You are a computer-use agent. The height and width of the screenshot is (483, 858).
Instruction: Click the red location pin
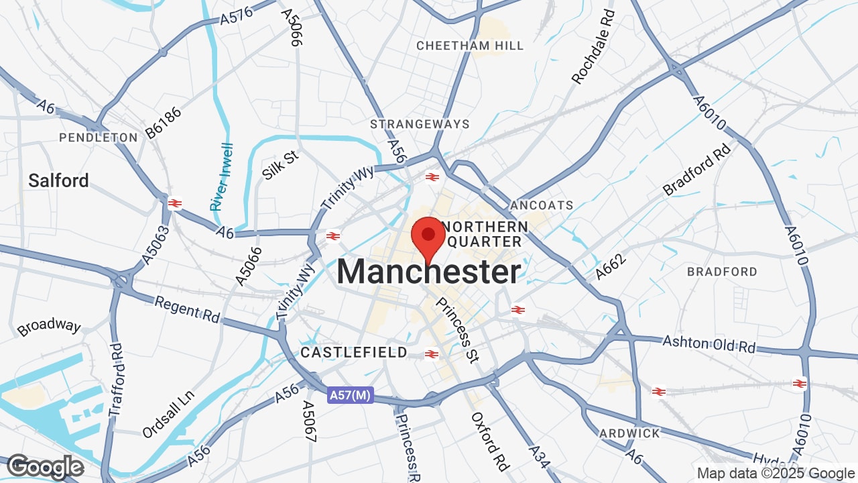(x=428, y=236)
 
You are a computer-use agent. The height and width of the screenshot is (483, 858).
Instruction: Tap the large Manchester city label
(x=428, y=272)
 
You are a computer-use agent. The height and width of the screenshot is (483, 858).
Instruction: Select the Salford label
(x=58, y=180)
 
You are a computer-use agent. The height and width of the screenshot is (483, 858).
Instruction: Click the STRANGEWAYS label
(x=420, y=124)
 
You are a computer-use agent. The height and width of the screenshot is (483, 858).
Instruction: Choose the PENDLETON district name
(x=98, y=138)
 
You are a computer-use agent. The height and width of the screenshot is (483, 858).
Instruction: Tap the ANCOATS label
(x=542, y=205)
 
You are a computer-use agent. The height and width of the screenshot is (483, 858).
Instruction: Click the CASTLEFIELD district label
(x=353, y=352)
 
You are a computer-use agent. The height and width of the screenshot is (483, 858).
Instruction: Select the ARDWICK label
(x=629, y=433)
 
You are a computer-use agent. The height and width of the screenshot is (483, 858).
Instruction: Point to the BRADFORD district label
(x=722, y=272)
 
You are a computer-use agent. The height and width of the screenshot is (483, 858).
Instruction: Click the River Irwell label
(x=221, y=177)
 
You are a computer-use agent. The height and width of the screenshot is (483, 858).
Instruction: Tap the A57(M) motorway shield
(x=350, y=396)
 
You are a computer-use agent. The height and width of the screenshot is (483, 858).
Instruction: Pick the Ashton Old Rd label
(x=709, y=344)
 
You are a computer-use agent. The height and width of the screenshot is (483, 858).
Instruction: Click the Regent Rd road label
(x=187, y=309)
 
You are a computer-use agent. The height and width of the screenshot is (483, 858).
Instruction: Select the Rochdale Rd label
(x=593, y=48)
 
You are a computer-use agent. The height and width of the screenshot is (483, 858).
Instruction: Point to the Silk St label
(x=280, y=165)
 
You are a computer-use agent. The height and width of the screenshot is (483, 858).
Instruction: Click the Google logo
(x=45, y=468)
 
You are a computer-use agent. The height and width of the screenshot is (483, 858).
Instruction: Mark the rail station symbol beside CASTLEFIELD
(x=432, y=354)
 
